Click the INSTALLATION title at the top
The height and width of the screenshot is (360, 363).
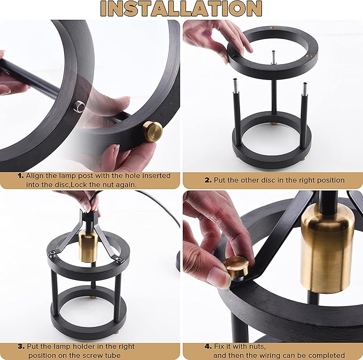coord(181,9)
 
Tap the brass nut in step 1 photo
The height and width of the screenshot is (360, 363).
coord(152,131)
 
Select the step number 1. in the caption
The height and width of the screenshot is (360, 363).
coord(21,176)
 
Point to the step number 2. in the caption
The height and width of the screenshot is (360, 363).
coord(208,180)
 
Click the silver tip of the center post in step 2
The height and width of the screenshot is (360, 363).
coord(273,57)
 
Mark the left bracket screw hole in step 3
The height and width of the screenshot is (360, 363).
coord(53,253)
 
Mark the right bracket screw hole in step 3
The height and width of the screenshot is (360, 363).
coord(119,259)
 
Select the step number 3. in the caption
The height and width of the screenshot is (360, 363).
coord(21,347)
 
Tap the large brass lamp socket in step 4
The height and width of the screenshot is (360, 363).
coord(327,248)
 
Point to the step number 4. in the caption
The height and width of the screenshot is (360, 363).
coord(208,347)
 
